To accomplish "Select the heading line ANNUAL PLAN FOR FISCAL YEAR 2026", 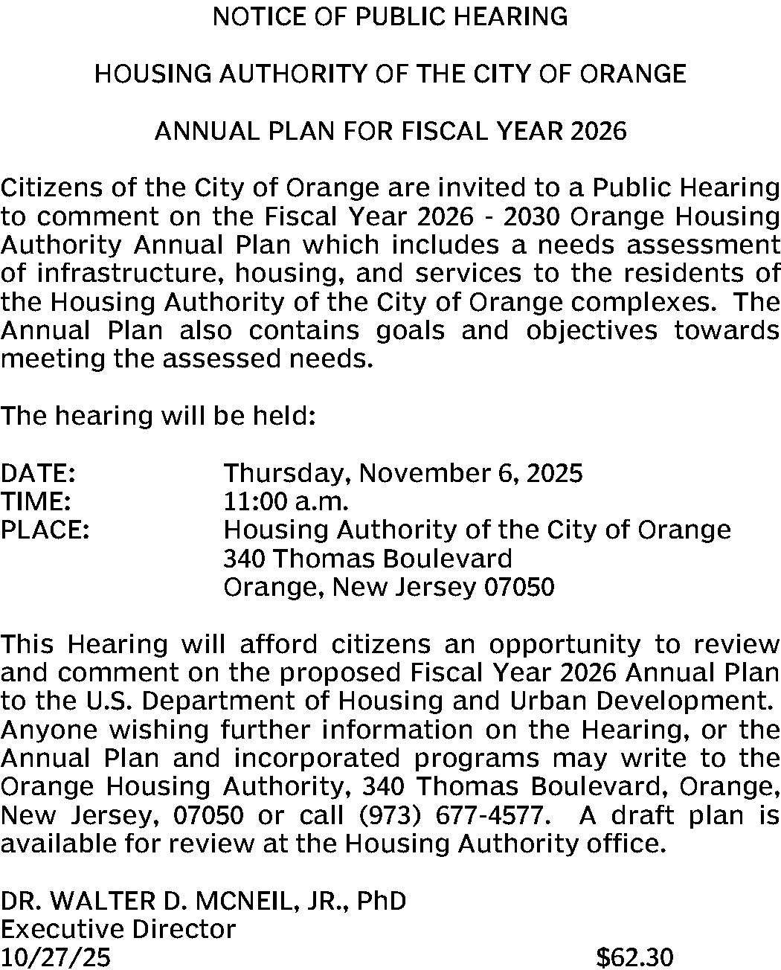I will (390, 132).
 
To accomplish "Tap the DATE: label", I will (38, 473).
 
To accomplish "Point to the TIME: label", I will (36, 501).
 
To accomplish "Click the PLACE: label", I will (45, 530).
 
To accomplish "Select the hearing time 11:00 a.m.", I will (286, 501).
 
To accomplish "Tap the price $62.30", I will (634, 957).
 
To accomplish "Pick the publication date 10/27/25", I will (56, 957).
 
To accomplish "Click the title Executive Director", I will (118, 929).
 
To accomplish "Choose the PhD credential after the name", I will (382, 901).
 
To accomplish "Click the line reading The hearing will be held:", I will (159, 415).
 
